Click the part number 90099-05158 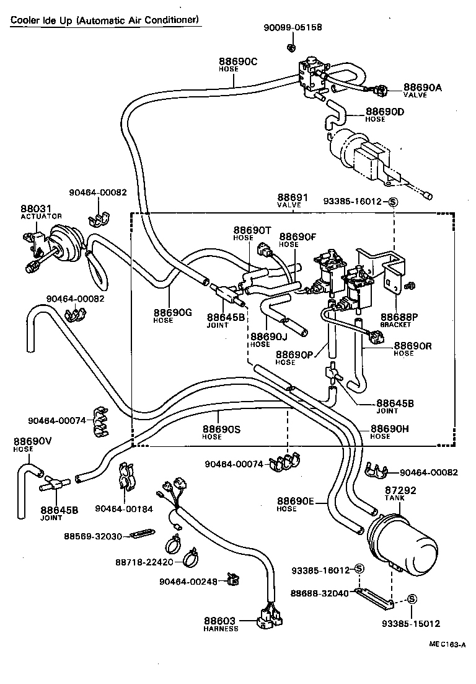coord(293,28)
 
